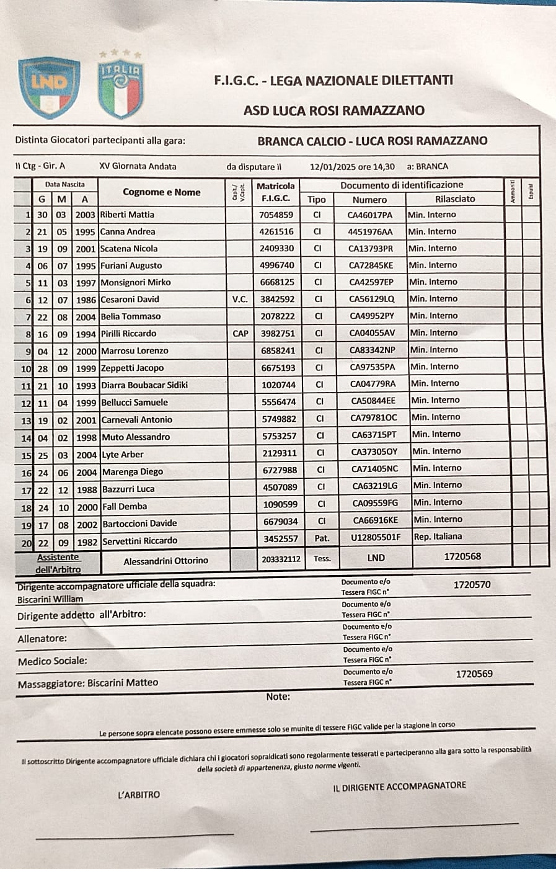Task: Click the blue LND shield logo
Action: pyautogui.click(x=49, y=87)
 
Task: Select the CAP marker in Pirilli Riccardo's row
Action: pyautogui.click(x=240, y=333)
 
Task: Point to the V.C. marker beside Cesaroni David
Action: pyautogui.click(x=240, y=299)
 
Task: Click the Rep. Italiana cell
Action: pyautogui.click(x=438, y=537)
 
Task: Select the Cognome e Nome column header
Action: pyautogui.click(x=162, y=192)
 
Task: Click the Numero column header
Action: pyautogui.click(x=369, y=200)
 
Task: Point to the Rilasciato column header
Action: pyautogui.click(x=455, y=199)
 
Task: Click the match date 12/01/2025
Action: pyautogui.click(x=334, y=166)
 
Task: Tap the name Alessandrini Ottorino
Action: pyautogui.click(x=166, y=561)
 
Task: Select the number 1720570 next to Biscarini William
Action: pyautogui.click(x=472, y=584)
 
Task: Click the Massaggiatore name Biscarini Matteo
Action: pyautogui.click(x=123, y=683)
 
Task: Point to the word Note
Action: pyautogui.click(x=278, y=697)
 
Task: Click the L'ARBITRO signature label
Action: pyautogui.click(x=139, y=795)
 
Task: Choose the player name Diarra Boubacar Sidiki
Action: pyautogui.click(x=144, y=385)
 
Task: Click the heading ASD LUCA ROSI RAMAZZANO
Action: pyautogui.click(x=333, y=110)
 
